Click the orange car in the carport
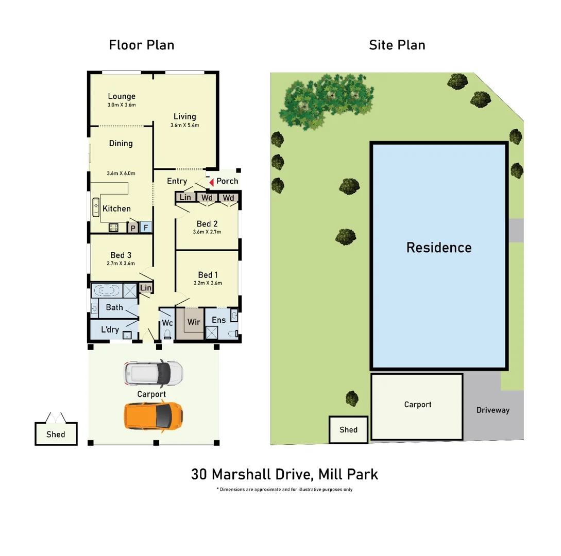(153, 416)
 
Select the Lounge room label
(122, 96)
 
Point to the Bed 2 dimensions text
(207, 232)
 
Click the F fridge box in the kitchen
(146, 228)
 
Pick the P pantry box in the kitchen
(133, 228)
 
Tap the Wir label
(194, 322)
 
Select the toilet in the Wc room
(167, 334)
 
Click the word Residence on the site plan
(439, 248)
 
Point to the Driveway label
(492, 410)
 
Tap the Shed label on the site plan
(349, 429)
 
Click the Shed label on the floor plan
(56, 434)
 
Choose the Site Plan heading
(397, 45)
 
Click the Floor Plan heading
(142, 45)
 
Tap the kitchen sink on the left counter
(96, 206)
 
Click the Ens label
(219, 320)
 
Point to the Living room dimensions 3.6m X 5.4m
(184, 125)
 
